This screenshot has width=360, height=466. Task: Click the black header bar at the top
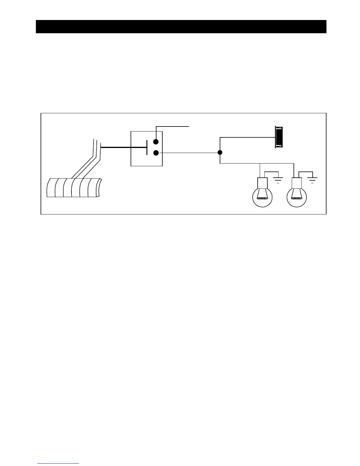[x=181, y=26]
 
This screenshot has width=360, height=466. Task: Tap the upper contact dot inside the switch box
[x=156, y=142]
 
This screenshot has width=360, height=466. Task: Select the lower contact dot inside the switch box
[x=156, y=153]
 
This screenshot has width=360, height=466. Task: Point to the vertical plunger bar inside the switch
[x=146, y=147]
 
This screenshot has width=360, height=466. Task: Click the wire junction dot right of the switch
[x=220, y=152]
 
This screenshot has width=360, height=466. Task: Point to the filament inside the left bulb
[x=262, y=199]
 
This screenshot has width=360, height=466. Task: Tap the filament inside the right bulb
[x=297, y=199]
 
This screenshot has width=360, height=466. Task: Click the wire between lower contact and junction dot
[x=188, y=153]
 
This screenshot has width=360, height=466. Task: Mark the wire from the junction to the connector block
[x=247, y=137]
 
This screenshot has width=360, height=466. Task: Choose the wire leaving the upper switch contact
[x=174, y=127]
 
